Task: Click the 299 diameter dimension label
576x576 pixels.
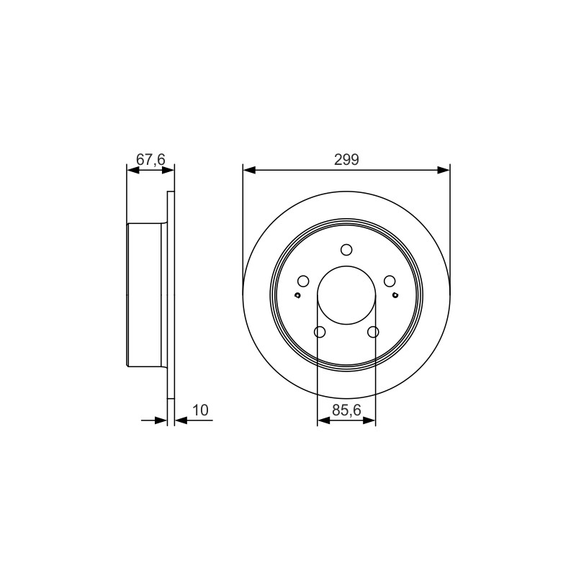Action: point(346,160)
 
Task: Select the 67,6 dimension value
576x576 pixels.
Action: point(150,160)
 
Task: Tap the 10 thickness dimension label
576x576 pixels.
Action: point(200,410)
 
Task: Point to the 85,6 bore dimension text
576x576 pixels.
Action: point(347,410)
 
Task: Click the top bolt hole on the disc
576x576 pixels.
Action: point(346,250)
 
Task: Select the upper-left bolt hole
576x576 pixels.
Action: point(303,282)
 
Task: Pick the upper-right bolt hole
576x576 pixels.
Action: point(390,282)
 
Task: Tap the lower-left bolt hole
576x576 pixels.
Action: point(320,332)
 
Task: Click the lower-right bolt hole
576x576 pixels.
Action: point(373,332)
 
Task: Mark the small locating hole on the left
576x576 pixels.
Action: point(298,295)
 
